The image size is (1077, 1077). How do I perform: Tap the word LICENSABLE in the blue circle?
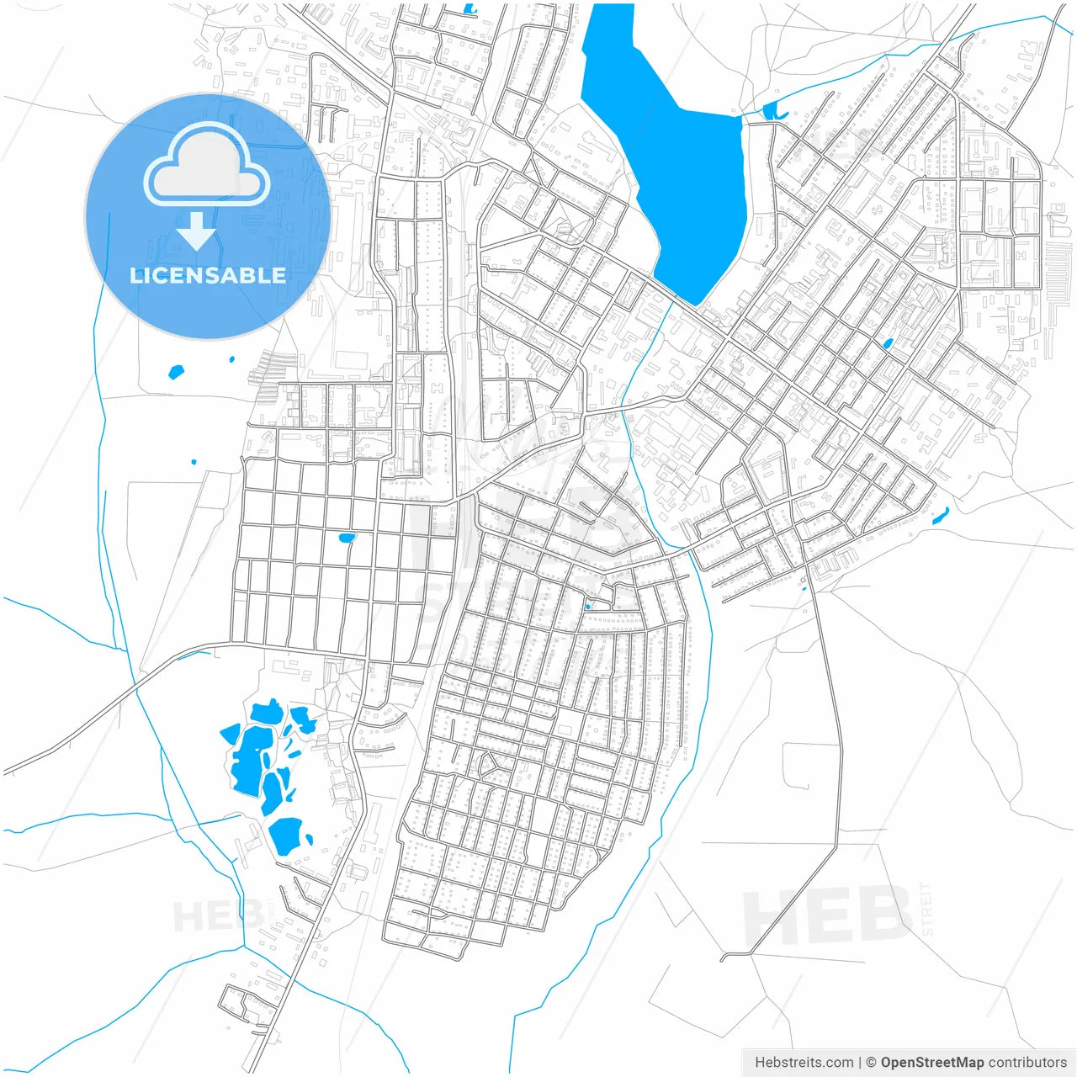[207, 275]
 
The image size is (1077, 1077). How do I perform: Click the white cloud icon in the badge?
[207, 168]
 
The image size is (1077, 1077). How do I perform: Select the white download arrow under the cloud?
[197, 231]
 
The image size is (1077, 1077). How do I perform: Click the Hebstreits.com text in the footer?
[804, 1063]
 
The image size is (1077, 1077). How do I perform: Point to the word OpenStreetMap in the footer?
[931, 1063]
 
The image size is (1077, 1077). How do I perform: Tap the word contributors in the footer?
[1027, 1063]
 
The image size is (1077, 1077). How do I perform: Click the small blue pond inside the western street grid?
[346, 537]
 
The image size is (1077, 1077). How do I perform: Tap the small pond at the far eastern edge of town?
[941, 515]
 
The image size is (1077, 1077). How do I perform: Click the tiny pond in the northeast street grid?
[888, 343]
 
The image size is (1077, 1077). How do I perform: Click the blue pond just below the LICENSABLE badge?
[176, 371]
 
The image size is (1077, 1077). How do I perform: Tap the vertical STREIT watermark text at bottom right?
[926, 909]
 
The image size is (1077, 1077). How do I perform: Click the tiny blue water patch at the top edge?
[469, 9]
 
